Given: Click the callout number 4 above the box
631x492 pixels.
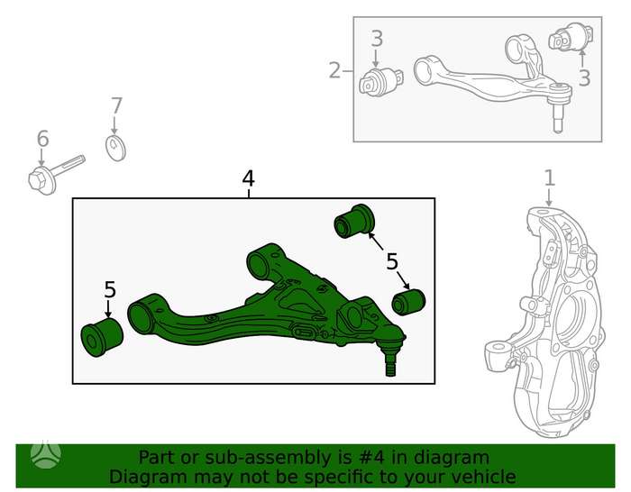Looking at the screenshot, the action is (248, 179).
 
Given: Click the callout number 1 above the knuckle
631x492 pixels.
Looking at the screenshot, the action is (550, 178).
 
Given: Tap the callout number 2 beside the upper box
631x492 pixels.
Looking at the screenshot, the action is (334, 70).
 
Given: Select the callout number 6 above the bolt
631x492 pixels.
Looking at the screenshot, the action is (42, 139).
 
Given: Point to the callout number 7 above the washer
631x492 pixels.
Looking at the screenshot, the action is (116, 105).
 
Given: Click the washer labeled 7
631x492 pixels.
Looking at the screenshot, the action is (115, 149).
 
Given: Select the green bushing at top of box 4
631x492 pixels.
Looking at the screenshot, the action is (354, 222).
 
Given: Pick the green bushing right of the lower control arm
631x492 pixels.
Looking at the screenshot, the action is (408, 302).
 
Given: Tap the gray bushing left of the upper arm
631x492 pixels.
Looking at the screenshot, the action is (380, 82).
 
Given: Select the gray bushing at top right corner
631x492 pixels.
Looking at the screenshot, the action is (571, 38).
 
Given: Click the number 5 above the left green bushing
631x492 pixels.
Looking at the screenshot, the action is (110, 289).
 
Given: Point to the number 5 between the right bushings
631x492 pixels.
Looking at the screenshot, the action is (392, 261).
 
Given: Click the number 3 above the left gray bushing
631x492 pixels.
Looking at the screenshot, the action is (377, 39).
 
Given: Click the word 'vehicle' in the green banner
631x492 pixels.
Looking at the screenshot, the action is (483, 477).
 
